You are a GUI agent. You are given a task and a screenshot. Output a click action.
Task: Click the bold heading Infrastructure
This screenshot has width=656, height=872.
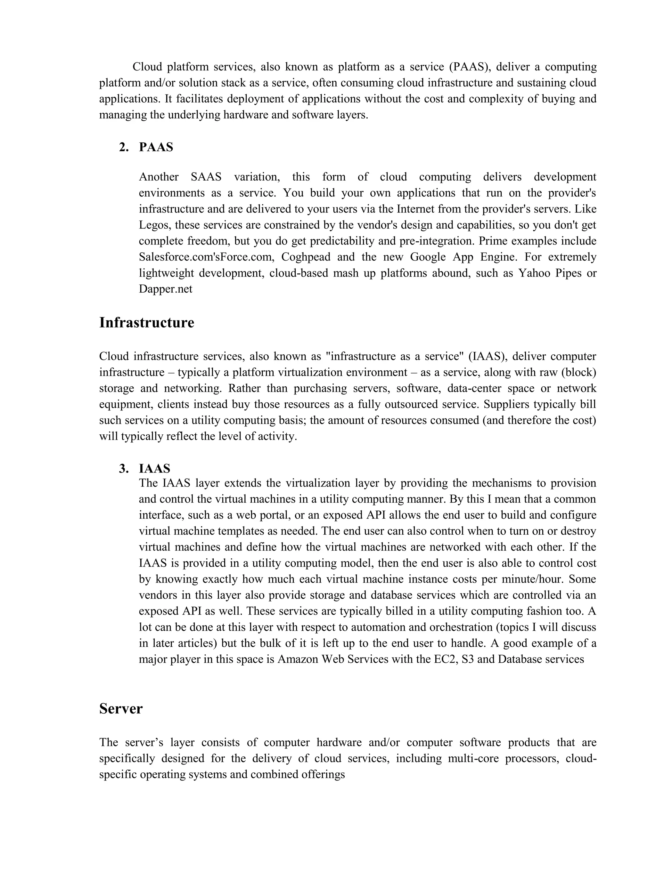click(146, 322)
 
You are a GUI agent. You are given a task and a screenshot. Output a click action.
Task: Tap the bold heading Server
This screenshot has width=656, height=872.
click(121, 708)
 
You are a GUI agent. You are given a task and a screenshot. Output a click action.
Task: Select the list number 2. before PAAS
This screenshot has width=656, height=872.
click(124, 147)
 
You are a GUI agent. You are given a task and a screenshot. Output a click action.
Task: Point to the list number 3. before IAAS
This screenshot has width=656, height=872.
click(124, 468)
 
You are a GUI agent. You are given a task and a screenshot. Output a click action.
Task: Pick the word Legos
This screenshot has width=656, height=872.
click(154, 225)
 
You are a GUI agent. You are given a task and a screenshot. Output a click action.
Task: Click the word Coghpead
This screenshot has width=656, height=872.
click(307, 257)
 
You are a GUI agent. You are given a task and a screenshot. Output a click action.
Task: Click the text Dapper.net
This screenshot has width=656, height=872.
click(166, 289)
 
